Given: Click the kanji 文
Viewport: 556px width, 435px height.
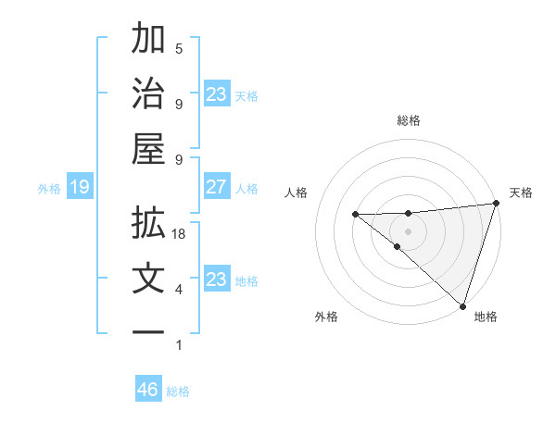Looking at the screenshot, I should click(148, 279).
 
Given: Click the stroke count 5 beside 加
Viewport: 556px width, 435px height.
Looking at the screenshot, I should click(179, 49).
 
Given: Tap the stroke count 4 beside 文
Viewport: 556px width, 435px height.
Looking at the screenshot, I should click(179, 290).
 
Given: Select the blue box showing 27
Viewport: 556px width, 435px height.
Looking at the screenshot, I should click(217, 187).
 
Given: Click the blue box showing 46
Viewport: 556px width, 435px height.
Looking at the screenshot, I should click(148, 390).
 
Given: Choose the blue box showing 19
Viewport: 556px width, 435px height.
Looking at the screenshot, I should click(79, 188).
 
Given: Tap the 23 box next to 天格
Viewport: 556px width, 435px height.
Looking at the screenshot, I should click(217, 93).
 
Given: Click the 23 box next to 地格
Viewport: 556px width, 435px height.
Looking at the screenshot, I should click(217, 280).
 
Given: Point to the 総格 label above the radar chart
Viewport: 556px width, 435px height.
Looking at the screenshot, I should click(409, 120).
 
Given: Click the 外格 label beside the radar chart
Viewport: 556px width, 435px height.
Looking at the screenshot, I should click(326, 317).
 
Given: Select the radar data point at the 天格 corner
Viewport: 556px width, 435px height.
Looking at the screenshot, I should click(497, 204).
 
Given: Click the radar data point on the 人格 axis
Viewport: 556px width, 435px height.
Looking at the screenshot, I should click(355, 215).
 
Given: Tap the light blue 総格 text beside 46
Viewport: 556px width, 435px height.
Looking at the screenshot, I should click(178, 391).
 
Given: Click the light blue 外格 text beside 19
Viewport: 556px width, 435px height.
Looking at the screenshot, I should click(49, 189).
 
